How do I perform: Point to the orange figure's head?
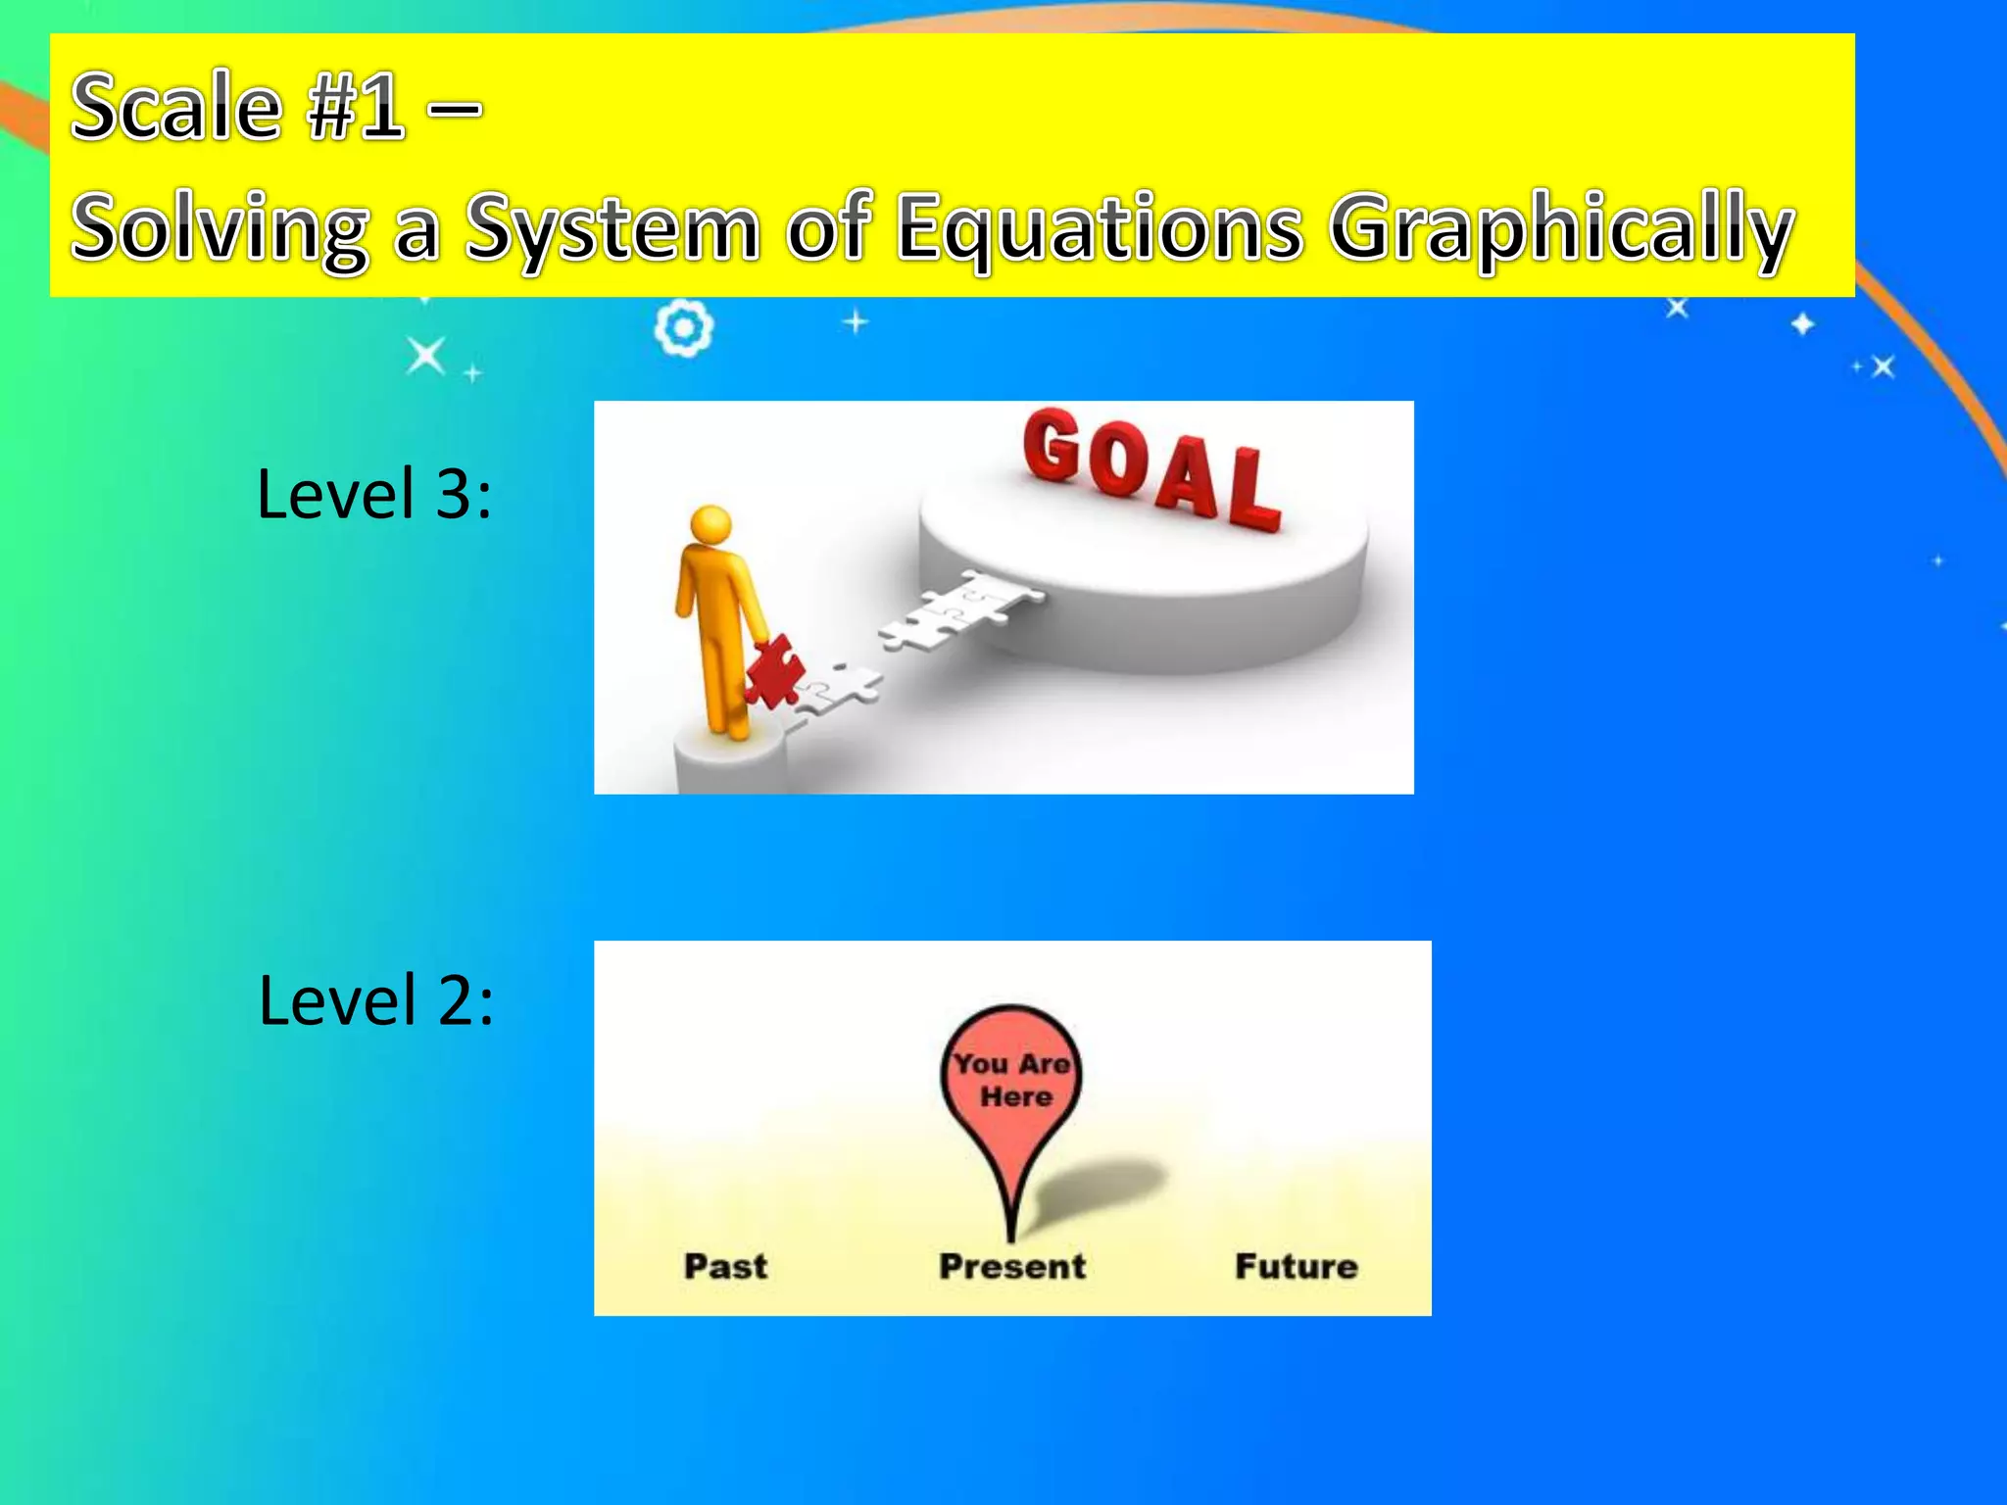[x=710, y=525]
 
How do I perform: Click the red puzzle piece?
[x=774, y=671]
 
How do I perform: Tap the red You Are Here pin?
[x=1010, y=1088]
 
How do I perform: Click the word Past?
[x=725, y=1266]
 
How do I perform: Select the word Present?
[x=1012, y=1266]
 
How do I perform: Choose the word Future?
[x=1296, y=1266]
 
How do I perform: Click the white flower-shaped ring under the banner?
[x=683, y=329]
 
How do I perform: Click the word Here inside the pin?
[x=1016, y=1096]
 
